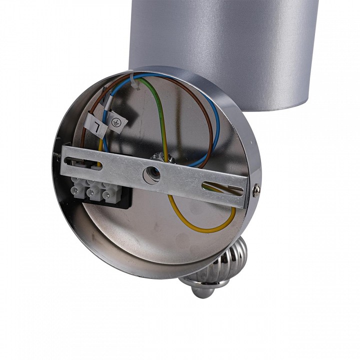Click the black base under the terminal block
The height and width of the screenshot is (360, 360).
click(125, 200)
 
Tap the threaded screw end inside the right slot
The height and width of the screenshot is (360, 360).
click(232, 189)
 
